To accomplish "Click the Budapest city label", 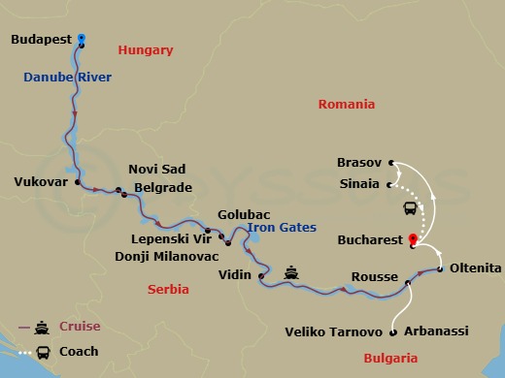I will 40,40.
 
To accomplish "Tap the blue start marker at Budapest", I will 81,38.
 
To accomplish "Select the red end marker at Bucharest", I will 412,237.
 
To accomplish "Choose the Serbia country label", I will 167,289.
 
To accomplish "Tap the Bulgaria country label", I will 389,358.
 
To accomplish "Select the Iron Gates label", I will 282,228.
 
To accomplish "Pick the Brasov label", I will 359,163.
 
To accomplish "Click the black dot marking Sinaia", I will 389,183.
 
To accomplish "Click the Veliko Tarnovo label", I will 333,331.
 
